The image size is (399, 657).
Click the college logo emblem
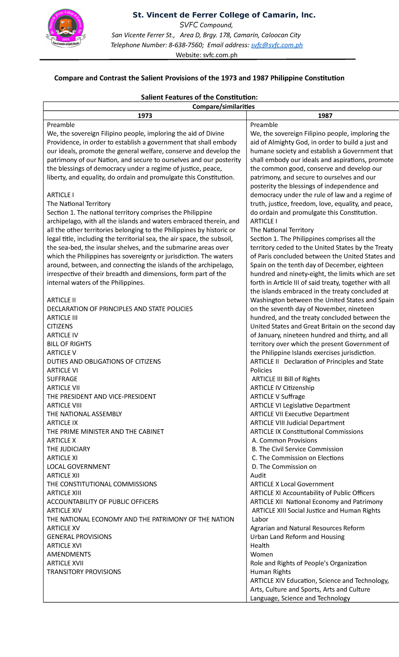tap(66, 28)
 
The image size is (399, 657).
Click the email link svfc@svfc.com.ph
tap(277, 45)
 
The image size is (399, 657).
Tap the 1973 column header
tap(145, 116)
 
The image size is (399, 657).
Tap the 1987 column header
tap(325, 116)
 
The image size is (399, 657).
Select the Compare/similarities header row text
tap(223, 107)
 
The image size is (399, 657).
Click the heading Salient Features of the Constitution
tap(199, 97)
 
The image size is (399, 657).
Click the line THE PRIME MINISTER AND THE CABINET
tap(105, 432)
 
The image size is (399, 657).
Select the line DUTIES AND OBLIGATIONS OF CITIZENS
tap(104, 361)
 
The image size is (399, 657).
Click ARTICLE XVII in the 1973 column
tap(65, 563)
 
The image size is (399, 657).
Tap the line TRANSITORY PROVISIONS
tap(84, 572)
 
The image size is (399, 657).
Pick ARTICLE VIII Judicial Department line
tap(297, 423)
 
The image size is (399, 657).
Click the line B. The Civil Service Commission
tap(297, 449)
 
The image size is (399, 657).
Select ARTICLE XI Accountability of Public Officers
tap(312, 493)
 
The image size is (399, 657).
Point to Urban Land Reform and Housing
tap(297, 537)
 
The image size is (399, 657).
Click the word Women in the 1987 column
tap(261, 555)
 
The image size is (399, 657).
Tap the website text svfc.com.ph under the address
tap(220, 55)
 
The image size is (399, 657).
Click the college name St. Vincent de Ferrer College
tap(224, 15)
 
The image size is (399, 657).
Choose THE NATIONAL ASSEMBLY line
tap(84, 414)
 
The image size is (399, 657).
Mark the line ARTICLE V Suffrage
tap(277, 397)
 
